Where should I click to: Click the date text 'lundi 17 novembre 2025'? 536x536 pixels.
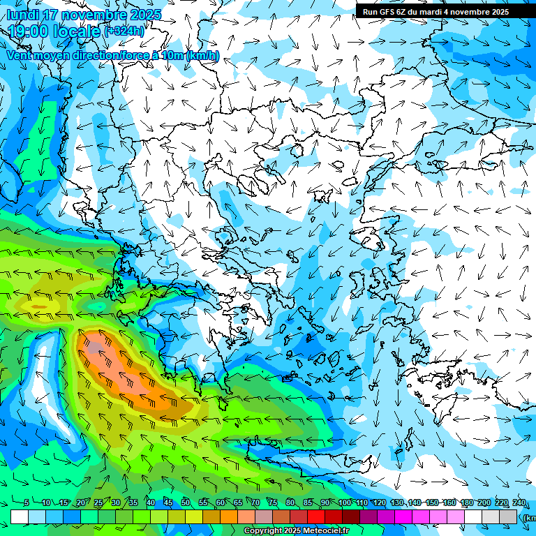84,15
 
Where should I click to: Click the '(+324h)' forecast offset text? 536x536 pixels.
124,31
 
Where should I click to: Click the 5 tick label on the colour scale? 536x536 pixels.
27,503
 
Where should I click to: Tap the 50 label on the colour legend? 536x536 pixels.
185,503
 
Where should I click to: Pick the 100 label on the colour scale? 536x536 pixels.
344,503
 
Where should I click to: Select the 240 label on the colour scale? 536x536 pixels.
519,503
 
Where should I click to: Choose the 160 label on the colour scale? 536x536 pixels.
449,503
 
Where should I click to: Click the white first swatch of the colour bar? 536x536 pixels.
20,516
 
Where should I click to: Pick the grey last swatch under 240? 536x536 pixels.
508,516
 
